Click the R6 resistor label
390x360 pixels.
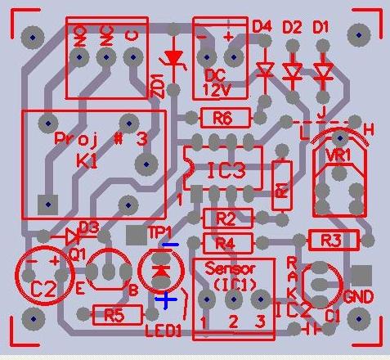[222, 119]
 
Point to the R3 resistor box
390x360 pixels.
[333, 241]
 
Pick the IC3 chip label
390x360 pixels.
[226, 172]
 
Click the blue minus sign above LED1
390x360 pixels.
[170, 245]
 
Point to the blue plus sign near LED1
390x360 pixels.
[166, 300]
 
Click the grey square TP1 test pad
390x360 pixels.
[135, 235]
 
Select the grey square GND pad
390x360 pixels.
[358, 275]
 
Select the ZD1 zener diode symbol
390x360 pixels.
[173, 58]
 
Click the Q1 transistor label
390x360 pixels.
[78, 254]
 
